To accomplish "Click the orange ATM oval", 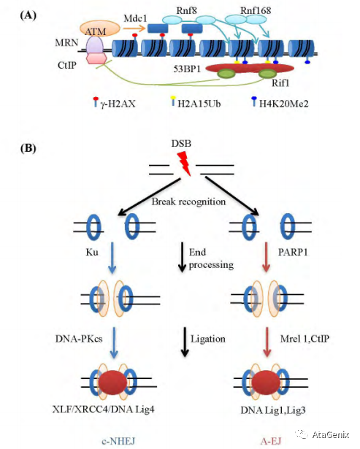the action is coord(99,29).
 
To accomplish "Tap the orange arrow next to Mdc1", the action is coord(134,28).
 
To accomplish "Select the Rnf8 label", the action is coord(186,11).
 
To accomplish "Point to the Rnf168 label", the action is coord(256,11).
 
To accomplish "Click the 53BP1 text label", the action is coord(187,69).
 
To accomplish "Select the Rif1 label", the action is coord(280,83).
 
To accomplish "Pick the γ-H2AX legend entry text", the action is coord(118,104).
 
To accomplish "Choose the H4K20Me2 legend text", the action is coord(283,104).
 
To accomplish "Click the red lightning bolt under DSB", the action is coord(184,164).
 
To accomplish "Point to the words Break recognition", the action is coord(188,202).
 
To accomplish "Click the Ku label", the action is coord(92,252).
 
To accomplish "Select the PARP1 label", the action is coord(293,252).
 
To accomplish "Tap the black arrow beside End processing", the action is coord(182,257).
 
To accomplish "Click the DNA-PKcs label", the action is coord(79,339).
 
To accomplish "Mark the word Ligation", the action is coord(208,339).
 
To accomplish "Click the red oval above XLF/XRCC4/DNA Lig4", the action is coord(112,383).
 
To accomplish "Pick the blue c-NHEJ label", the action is coord(118,441).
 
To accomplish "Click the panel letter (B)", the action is coord(28,148).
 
